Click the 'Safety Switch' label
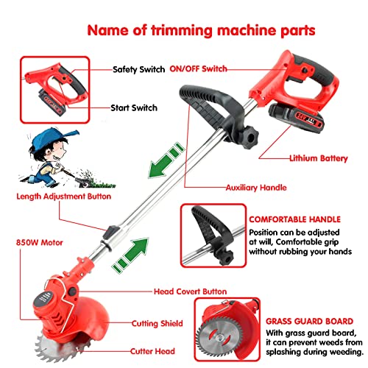(138, 69)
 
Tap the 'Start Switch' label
(134, 107)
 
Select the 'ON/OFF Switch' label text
(198, 68)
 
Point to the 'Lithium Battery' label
(319, 158)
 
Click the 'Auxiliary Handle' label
(256, 188)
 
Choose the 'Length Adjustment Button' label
(64, 197)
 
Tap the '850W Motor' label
(40, 242)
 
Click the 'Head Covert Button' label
(191, 291)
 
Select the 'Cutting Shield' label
(158, 323)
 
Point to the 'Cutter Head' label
(152, 351)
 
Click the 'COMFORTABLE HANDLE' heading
(295, 219)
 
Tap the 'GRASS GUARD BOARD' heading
(310, 322)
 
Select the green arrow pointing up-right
(131, 254)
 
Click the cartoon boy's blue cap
(54, 137)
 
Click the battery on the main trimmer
(296, 118)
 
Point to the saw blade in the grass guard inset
(220, 337)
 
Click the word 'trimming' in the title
(182, 31)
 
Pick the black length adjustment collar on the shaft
(111, 233)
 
